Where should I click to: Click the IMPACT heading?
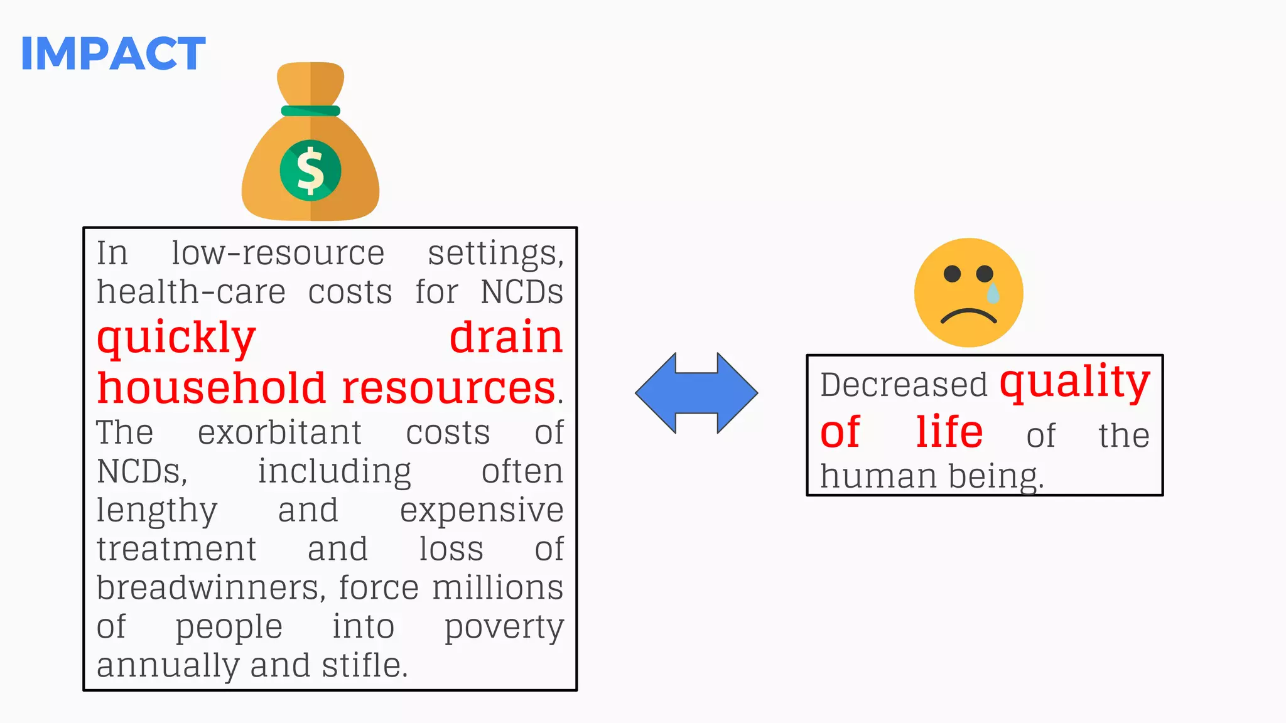coord(113,53)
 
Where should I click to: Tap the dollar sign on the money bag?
coord(310,170)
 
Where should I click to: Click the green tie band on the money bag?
coord(310,111)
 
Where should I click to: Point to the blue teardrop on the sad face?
coord(993,292)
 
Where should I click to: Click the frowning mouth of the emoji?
coord(968,315)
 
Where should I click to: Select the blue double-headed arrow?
coord(696,393)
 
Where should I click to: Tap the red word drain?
coord(506,338)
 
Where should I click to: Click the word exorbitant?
coord(279,432)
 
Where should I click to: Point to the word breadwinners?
coord(211,588)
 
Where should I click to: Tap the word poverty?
coord(504,627)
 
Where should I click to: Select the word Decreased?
coord(904,385)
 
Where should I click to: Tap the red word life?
coord(949,432)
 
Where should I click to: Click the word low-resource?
coord(278,254)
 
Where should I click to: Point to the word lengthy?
coord(157,510)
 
